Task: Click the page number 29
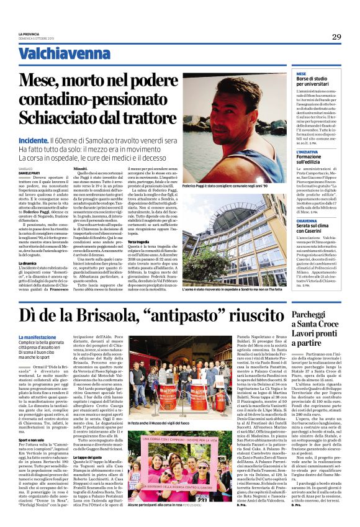336,37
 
